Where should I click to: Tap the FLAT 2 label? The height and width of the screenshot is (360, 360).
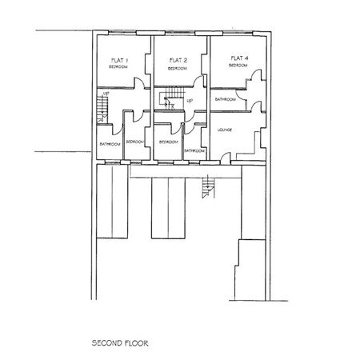pos(178,61)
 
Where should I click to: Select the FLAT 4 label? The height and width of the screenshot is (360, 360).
pos(238,58)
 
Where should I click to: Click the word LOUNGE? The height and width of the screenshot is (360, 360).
pos(225,129)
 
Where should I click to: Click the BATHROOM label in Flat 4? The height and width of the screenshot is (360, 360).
pos(225,99)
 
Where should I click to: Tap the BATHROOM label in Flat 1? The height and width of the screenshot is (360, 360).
pos(109,143)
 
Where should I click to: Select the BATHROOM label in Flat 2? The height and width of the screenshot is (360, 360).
pos(194,150)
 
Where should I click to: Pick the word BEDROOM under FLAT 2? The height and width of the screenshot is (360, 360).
pos(177,69)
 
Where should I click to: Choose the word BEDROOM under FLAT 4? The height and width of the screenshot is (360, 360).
pos(238,66)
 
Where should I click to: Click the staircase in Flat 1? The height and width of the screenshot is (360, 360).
pos(102,106)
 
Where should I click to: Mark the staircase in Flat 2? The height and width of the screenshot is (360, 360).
pos(169,100)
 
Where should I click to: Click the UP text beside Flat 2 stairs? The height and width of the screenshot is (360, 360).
pos(189,101)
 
